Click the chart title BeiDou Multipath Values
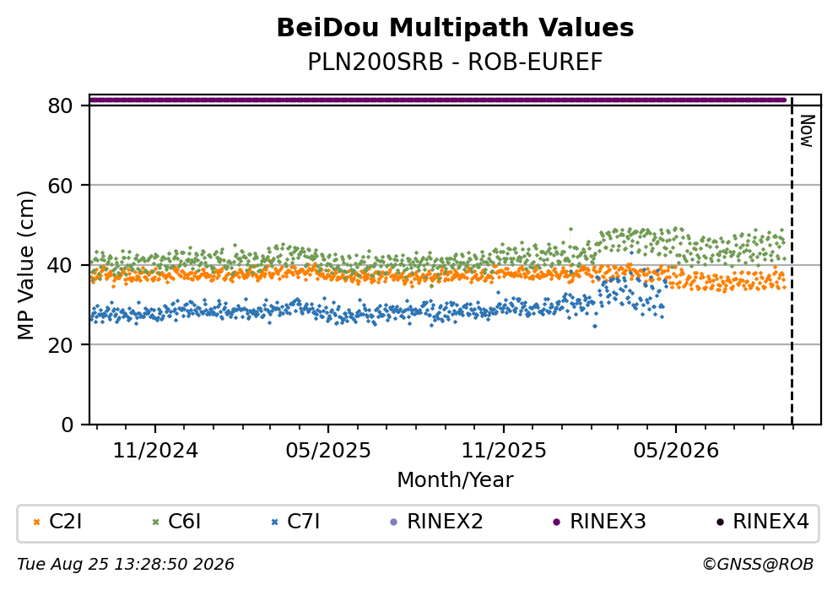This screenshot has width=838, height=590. [x=455, y=28]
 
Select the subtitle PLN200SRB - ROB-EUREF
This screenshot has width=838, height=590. [x=455, y=62]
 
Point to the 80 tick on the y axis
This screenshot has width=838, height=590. [x=60, y=106]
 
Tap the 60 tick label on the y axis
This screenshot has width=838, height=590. [x=60, y=186]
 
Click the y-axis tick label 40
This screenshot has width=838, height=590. [x=60, y=265]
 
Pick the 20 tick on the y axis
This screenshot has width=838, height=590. [x=60, y=344]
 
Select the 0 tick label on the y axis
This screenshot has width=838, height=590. [x=67, y=425]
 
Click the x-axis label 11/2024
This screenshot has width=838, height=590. [x=155, y=451]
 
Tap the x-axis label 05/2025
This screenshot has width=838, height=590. [x=327, y=451]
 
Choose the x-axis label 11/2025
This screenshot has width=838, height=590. [x=504, y=451]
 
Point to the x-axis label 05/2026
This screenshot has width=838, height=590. [x=676, y=451]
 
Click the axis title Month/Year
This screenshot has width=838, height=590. [x=455, y=480]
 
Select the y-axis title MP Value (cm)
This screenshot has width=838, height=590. [x=25, y=265]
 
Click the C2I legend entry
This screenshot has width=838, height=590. [x=57, y=522]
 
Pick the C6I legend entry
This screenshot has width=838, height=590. [x=177, y=522]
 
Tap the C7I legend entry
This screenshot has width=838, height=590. [x=295, y=522]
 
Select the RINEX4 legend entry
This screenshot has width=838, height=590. [x=763, y=522]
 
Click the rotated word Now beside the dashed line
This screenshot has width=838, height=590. [x=807, y=131]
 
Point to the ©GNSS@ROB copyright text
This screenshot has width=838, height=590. [x=758, y=565]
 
